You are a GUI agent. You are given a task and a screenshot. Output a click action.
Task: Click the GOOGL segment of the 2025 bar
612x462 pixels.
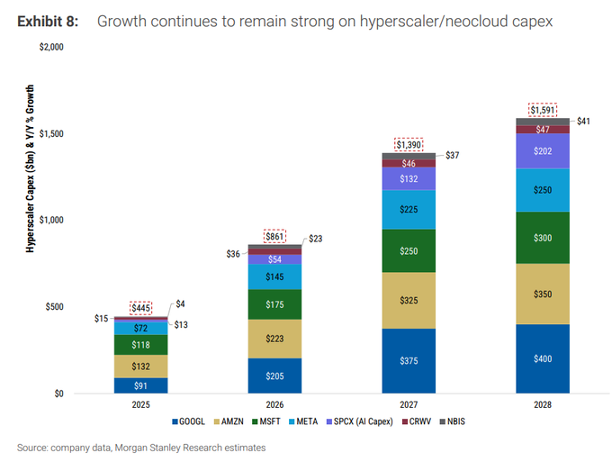tap(140, 385)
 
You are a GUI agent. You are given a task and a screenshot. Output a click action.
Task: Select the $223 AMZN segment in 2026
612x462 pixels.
tap(274, 339)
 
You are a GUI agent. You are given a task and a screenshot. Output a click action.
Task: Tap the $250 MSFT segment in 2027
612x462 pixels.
tap(409, 250)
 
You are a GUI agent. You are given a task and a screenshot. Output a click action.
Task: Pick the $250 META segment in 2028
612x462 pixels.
tap(543, 190)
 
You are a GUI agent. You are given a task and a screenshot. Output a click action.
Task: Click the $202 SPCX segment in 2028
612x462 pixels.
tap(543, 151)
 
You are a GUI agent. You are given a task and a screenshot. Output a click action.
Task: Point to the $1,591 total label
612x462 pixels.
tap(543, 110)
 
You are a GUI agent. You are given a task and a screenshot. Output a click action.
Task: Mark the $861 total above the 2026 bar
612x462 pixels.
tap(274, 236)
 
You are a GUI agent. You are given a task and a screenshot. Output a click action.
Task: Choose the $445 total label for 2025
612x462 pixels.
tap(141, 308)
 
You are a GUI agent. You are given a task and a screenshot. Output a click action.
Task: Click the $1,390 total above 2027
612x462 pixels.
tap(409, 145)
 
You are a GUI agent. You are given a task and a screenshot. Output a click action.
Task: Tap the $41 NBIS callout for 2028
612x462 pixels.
tap(583, 121)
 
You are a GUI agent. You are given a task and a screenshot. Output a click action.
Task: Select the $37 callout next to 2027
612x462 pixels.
tap(453, 156)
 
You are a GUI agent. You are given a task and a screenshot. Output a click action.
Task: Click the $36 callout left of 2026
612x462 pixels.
tap(233, 254)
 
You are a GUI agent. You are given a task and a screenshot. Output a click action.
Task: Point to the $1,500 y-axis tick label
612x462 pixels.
tap(51, 133)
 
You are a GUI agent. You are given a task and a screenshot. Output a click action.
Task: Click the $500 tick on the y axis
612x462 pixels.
tap(54, 307)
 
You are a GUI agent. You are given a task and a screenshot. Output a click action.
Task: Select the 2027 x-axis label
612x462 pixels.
tap(409, 404)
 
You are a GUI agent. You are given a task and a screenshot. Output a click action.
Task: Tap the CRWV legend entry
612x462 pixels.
tap(417, 421)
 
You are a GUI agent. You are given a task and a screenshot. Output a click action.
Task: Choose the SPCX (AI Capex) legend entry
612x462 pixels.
tap(359, 421)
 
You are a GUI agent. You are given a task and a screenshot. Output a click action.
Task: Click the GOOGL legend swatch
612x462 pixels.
tap(175, 421)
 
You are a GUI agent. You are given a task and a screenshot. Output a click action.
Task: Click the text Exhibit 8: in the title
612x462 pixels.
tap(48, 22)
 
